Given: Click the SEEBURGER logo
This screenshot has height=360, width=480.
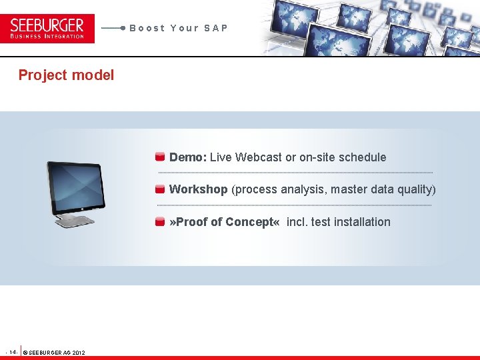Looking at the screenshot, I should (x=47, y=28).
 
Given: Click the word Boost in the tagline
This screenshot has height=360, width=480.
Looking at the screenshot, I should (x=147, y=28).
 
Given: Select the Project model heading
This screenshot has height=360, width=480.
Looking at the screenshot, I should (x=66, y=75).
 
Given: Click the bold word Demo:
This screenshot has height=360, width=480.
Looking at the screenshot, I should (x=188, y=157).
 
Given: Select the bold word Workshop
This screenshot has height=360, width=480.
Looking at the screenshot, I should (x=198, y=189).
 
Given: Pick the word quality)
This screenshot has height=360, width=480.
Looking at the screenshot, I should (x=417, y=189).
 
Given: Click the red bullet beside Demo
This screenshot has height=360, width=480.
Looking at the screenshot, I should (x=160, y=157).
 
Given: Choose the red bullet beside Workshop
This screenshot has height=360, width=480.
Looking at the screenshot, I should (x=160, y=189).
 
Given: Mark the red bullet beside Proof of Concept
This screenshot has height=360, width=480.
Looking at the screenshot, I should (x=160, y=222).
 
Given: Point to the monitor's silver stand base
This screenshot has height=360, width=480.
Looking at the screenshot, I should (x=75, y=222).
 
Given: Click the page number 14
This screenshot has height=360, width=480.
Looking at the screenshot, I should (x=13, y=351).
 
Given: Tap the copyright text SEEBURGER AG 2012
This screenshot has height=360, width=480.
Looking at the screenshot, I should (x=55, y=352).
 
